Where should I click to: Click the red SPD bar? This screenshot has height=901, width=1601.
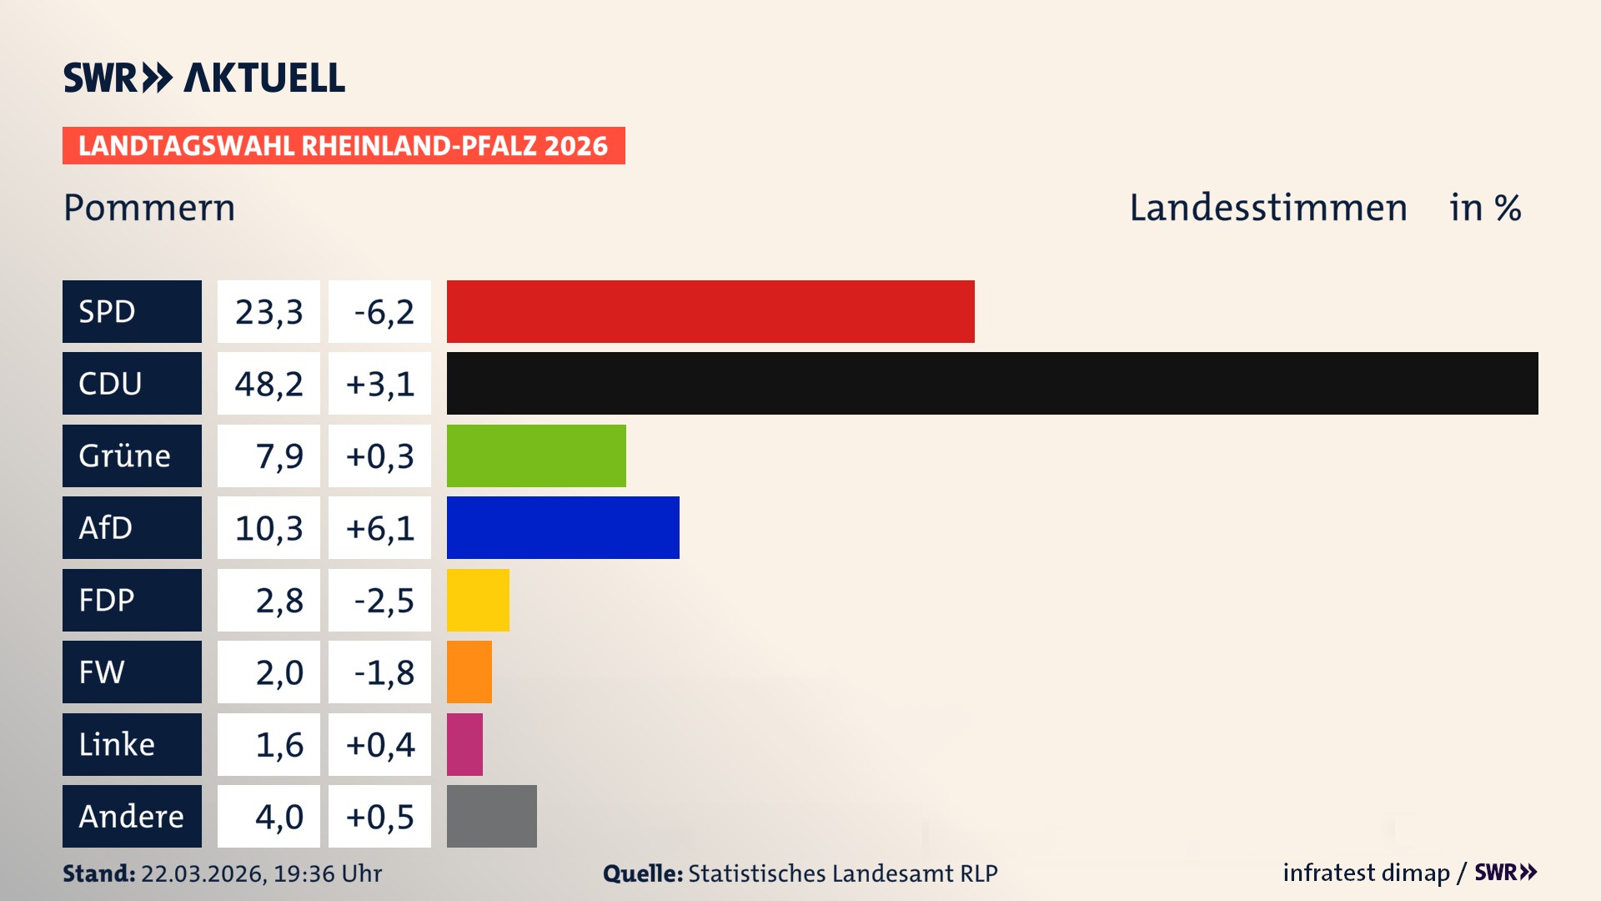pyautogui.click(x=710, y=311)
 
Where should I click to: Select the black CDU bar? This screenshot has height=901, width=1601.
pyautogui.click(x=992, y=383)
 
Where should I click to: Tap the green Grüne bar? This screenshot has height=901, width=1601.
pyautogui.click(x=536, y=456)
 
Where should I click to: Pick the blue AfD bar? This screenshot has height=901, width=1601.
pyautogui.click(x=563, y=527)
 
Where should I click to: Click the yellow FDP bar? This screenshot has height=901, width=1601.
pyautogui.click(x=478, y=600)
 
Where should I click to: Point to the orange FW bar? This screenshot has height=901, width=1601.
pyautogui.click(x=469, y=672)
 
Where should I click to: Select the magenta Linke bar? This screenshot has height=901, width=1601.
pyautogui.click(x=464, y=744)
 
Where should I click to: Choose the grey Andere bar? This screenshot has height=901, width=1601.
pyautogui.click(x=492, y=816)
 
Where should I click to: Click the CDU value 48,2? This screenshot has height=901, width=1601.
pyautogui.click(x=269, y=384)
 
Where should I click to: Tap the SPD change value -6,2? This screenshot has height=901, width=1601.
pyautogui.click(x=383, y=312)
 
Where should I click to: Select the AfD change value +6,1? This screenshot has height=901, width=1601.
pyautogui.click(x=380, y=528)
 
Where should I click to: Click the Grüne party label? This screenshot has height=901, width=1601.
pyautogui.click(x=125, y=456)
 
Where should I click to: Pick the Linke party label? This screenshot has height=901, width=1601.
pyautogui.click(x=117, y=744)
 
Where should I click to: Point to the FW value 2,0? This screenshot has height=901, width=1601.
pyautogui.click(x=279, y=672)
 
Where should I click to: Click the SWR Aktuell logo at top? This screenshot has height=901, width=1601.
pyautogui.click(x=204, y=78)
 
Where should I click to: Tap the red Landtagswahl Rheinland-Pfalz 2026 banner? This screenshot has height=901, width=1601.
pyautogui.click(x=344, y=146)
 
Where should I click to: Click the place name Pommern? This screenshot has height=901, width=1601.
pyautogui.click(x=149, y=208)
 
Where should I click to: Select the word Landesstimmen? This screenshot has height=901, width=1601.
pyautogui.click(x=1267, y=208)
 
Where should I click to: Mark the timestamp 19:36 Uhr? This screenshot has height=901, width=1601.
pyautogui.click(x=327, y=873)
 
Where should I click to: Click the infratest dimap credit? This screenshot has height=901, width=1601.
pyautogui.click(x=1366, y=873)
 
